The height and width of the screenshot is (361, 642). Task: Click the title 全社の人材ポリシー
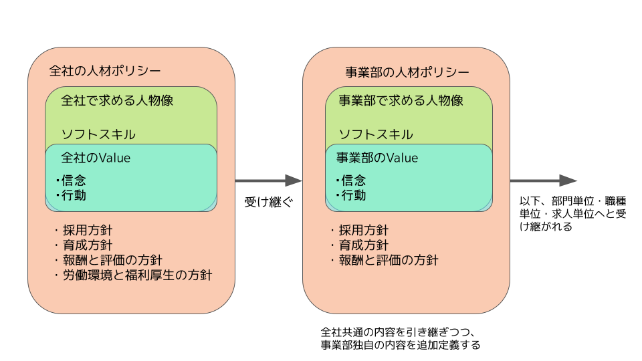pyautogui.click(x=105, y=71)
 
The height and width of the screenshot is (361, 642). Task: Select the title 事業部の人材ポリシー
pyautogui.click(x=407, y=72)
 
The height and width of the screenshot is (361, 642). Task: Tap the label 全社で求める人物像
pyautogui.click(x=117, y=100)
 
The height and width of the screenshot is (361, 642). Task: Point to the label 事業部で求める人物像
pyautogui.click(x=401, y=100)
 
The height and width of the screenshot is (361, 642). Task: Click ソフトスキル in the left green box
pyautogui.click(x=98, y=134)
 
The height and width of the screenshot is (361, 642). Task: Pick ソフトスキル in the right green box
pyautogui.click(x=376, y=134)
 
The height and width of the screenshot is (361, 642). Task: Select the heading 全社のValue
pyautogui.click(x=96, y=158)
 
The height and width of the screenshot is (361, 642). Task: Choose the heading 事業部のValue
pyautogui.click(x=377, y=158)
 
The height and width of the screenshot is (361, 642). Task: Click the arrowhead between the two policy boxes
pyautogui.click(x=294, y=180)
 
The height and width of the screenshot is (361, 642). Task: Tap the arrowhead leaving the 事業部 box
pyautogui.click(x=568, y=180)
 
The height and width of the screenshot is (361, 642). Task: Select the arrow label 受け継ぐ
pyautogui.click(x=269, y=202)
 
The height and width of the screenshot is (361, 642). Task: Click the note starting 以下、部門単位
pyautogui.click(x=573, y=214)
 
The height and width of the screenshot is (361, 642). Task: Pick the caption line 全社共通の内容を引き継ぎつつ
pyautogui.click(x=397, y=332)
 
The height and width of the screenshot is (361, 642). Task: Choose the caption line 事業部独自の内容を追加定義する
pyautogui.click(x=401, y=345)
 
